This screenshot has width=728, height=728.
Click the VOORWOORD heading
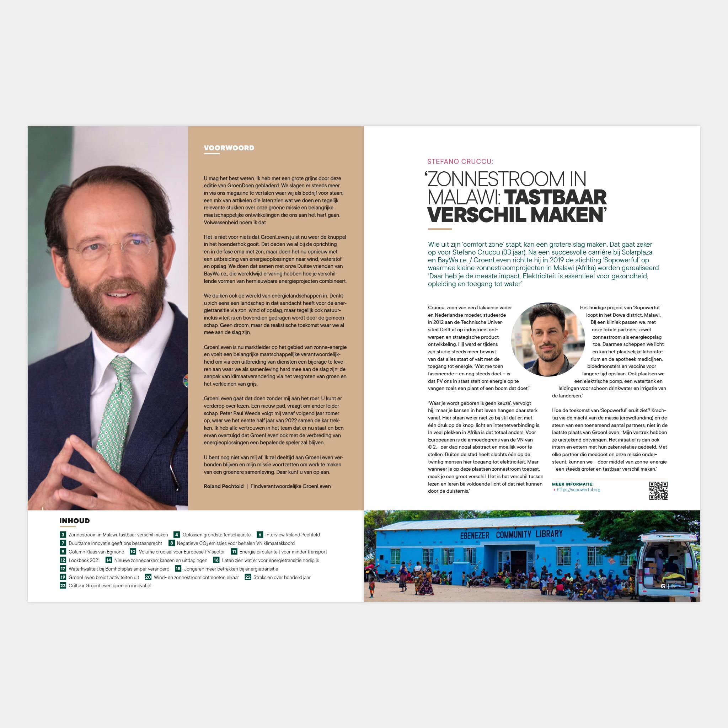click(x=229, y=148)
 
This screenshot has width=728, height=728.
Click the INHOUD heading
click(x=75, y=521)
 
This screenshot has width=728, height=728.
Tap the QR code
click(x=658, y=491)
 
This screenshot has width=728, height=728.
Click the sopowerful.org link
click(x=578, y=490)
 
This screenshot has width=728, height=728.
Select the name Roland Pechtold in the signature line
click(x=224, y=486)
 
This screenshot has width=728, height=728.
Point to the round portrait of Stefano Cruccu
click(x=547, y=339)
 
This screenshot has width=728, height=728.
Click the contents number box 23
click(x=63, y=585)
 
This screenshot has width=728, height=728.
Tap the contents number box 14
click(x=108, y=560)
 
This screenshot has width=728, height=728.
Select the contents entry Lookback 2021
click(x=84, y=560)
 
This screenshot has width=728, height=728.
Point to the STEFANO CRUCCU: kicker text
click(x=460, y=162)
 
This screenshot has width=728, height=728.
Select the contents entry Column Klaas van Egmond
click(x=96, y=552)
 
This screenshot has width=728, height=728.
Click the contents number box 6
click(x=260, y=535)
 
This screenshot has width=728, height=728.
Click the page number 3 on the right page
click(x=673, y=586)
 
